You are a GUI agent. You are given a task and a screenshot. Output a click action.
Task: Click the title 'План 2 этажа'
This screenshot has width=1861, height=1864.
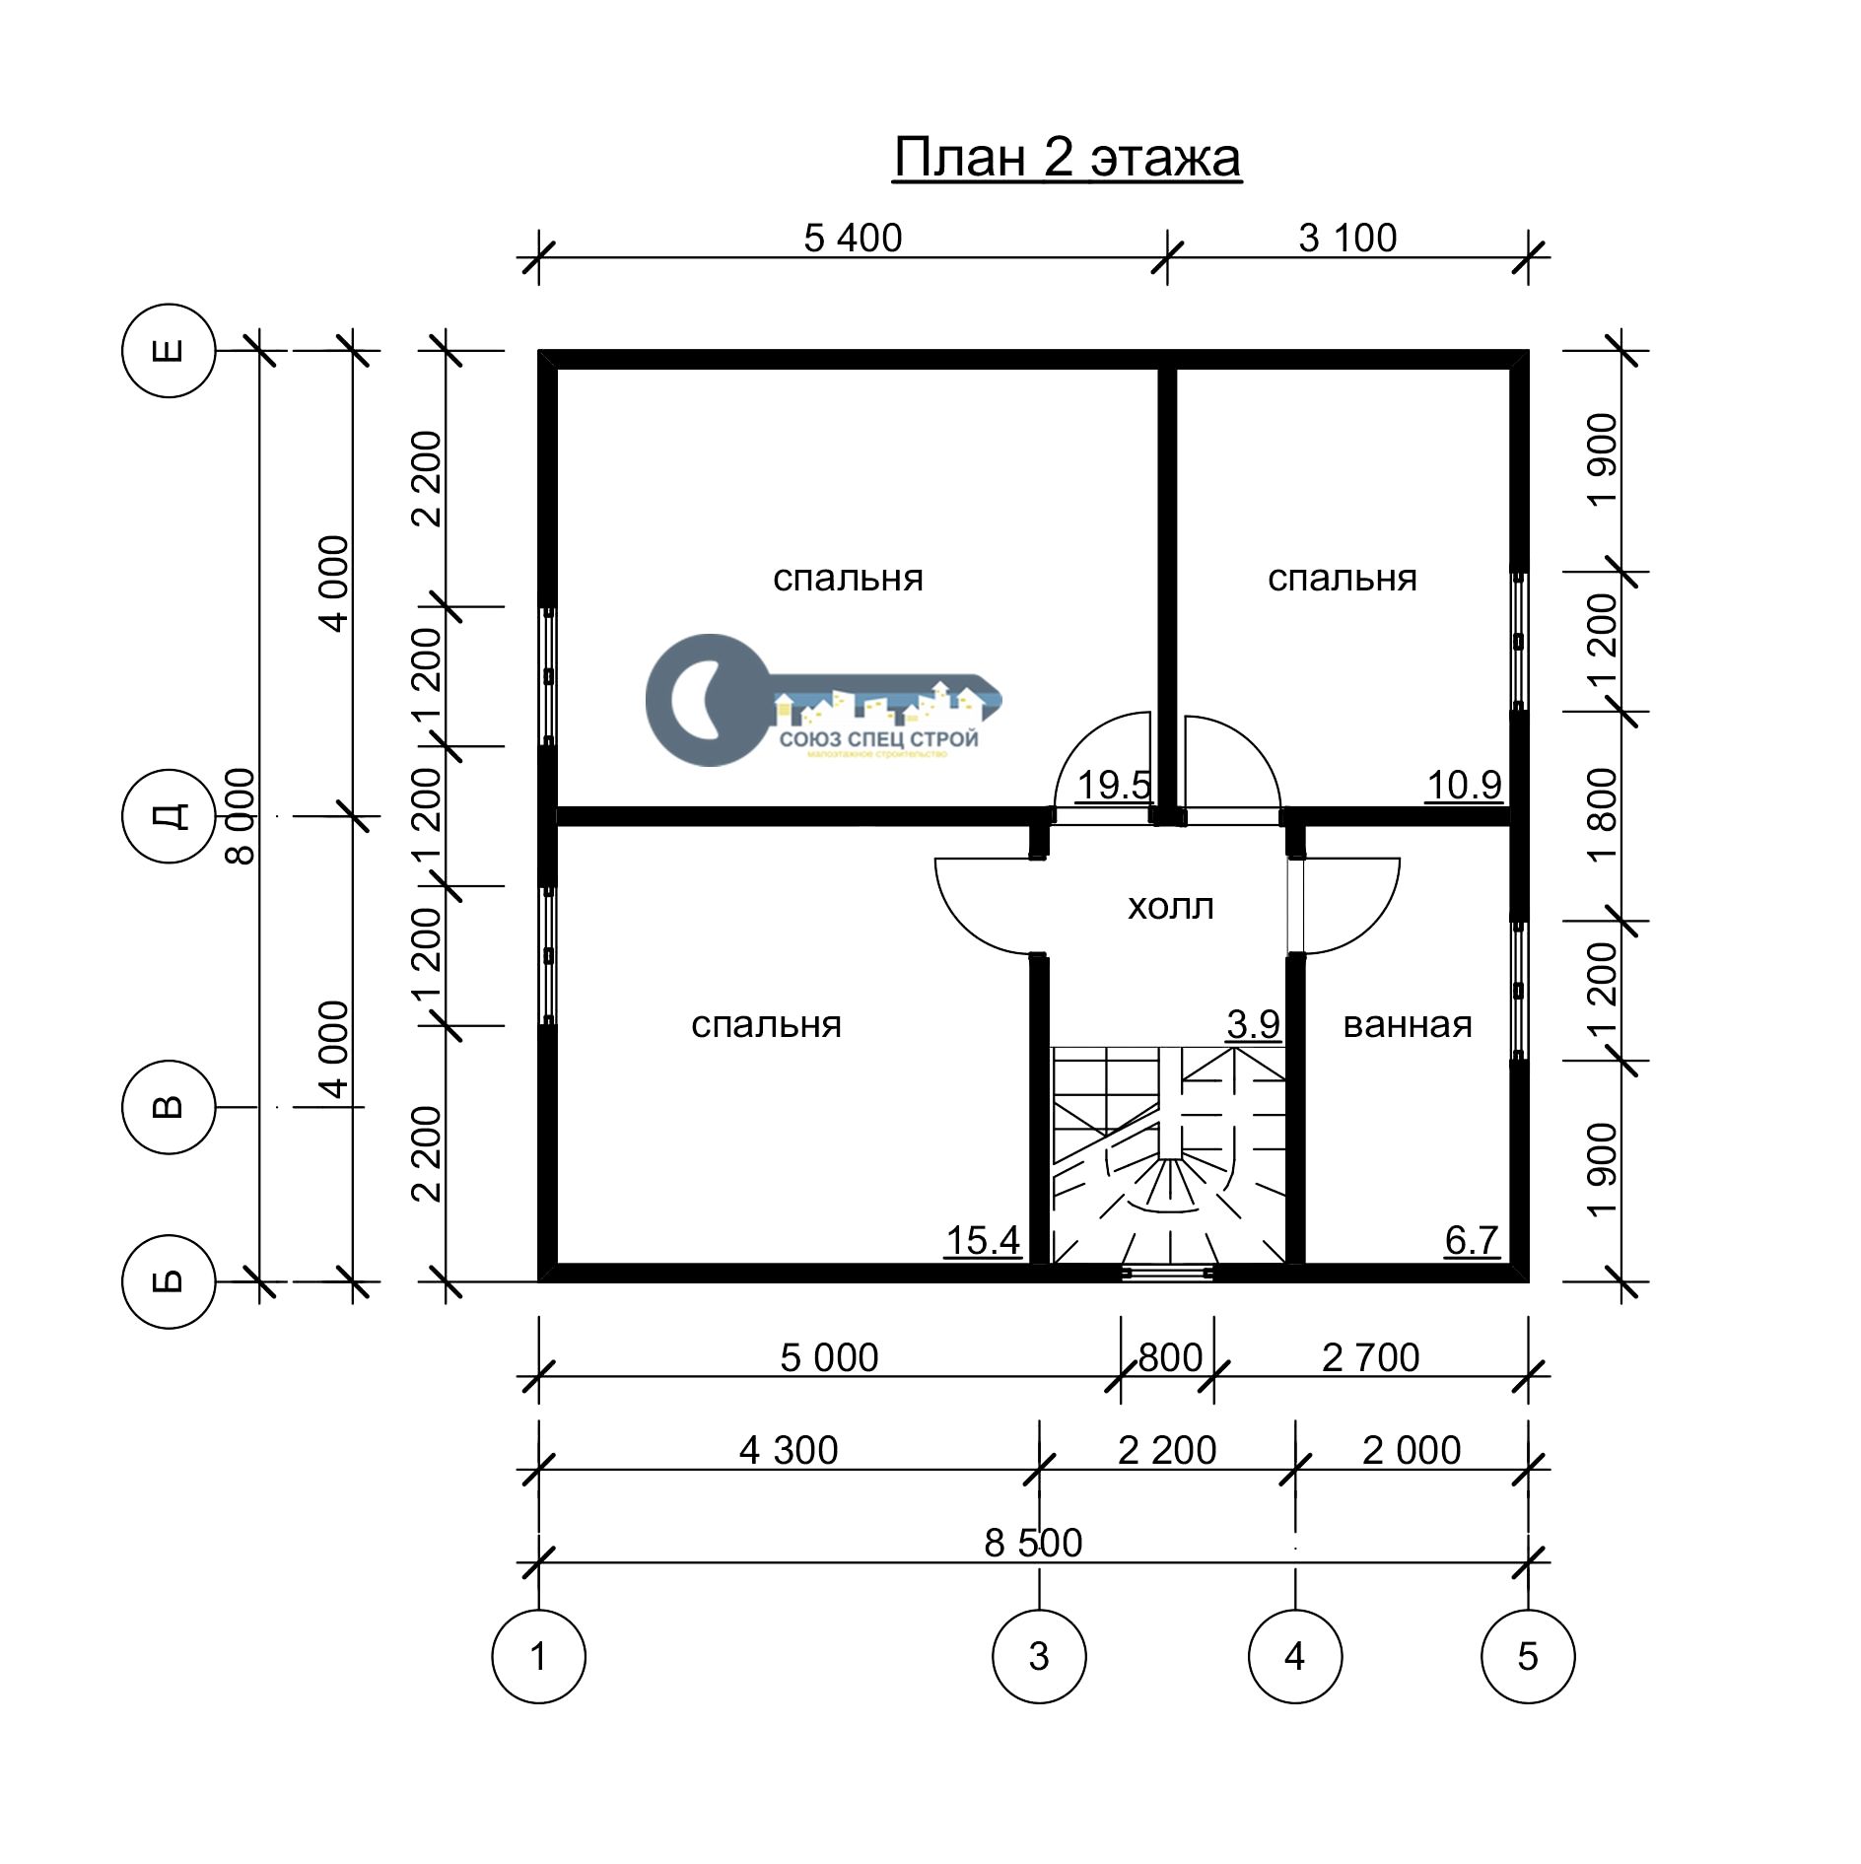[x=1067, y=158]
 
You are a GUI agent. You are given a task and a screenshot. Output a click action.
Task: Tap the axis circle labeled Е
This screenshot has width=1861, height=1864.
[x=169, y=350]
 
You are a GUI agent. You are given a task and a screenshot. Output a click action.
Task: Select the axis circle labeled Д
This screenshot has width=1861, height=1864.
[x=169, y=816]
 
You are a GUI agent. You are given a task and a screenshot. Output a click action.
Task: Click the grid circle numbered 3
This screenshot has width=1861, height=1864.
[x=1039, y=1656]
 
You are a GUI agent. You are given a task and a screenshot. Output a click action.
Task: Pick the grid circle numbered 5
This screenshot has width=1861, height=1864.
[x=1528, y=1656]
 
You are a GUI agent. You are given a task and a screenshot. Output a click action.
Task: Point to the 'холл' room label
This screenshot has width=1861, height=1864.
[x=1170, y=906]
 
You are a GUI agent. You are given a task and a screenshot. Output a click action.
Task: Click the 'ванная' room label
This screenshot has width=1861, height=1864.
[x=1407, y=1025]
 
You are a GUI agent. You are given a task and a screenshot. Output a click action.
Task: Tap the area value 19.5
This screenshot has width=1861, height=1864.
[x=1114, y=786]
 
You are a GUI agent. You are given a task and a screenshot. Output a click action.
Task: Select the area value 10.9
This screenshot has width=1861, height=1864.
[x=1464, y=786]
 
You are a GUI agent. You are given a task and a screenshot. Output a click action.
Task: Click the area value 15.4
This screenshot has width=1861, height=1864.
[x=983, y=1241]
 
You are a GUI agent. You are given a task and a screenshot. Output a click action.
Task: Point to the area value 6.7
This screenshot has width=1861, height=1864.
[x=1472, y=1241]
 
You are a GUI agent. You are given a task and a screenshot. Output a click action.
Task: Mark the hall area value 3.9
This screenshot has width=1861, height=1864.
[x=1254, y=1025]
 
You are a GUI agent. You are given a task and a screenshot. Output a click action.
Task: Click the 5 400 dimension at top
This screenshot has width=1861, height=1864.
[x=853, y=238]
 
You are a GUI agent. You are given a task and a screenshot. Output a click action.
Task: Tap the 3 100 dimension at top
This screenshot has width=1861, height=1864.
[x=1347, y=238]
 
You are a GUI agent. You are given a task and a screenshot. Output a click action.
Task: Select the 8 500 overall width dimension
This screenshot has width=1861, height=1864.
[x=1033, y=1543]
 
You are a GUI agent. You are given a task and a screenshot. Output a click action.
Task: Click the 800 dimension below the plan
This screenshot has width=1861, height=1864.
[x=1170, y=1357]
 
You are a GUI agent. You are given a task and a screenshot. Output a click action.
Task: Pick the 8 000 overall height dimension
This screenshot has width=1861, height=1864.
[x=240, y=816]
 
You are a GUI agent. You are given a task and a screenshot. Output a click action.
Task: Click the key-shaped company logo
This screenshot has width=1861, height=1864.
[x=823, y=700]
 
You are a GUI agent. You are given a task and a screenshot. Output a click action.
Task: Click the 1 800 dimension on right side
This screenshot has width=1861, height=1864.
[x=1604, y=816]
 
